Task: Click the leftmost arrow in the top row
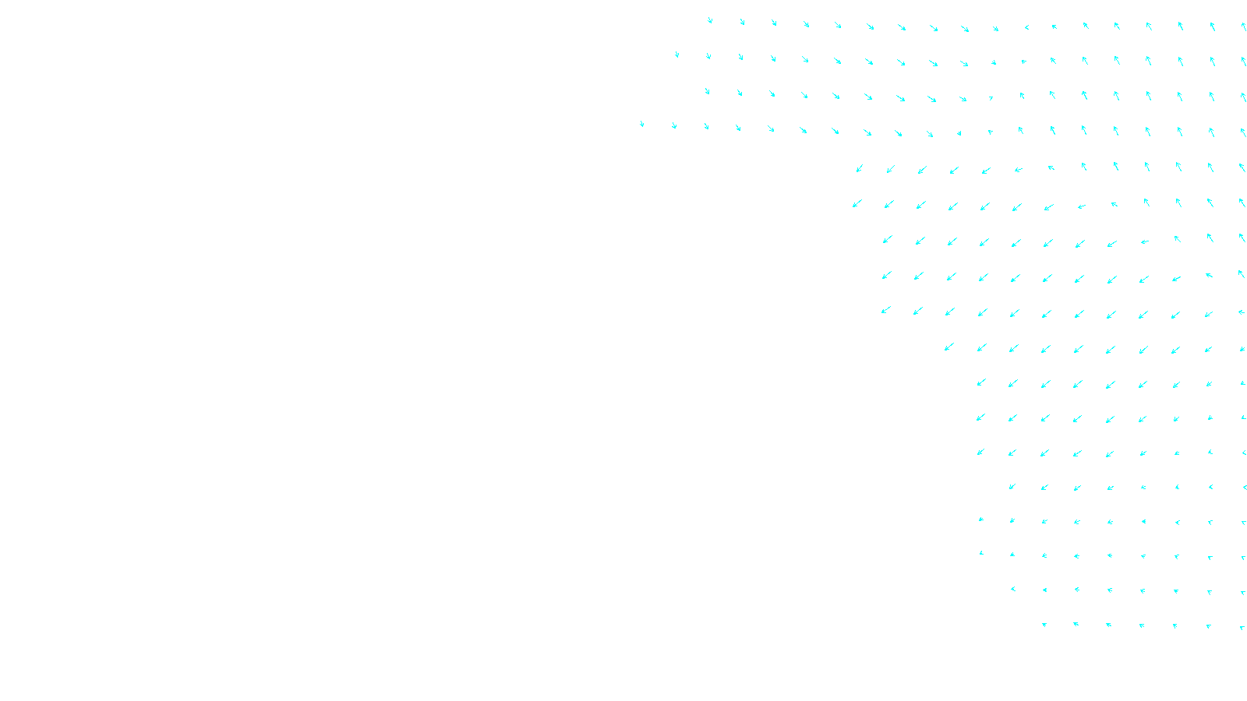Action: tap(709, 20)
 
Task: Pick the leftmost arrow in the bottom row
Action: tap(1044, 625)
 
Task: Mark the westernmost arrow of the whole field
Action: tap(641, 124)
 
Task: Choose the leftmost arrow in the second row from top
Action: tap(676, 55)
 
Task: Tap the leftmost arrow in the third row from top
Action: tap(707, 91)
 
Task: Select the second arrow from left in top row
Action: tap(742, 22)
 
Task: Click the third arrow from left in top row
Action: tap(774, 23)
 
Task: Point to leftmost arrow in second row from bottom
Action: tap(1012, 589)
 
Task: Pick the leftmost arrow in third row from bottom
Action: tap(981, 553)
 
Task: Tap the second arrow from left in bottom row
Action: tap(1076, 624)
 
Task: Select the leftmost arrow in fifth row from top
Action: tap(859, 168)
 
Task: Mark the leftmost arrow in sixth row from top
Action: tap(857, 204)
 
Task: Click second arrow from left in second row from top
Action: tap(708, 56)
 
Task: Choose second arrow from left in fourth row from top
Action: tap(674, 125)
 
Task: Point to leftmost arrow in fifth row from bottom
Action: tap(1012, 487)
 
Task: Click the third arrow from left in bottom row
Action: tap(1108, 625)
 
